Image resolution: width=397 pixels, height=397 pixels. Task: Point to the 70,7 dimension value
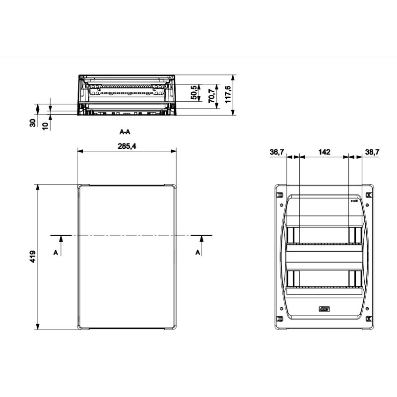[x=211, y=95]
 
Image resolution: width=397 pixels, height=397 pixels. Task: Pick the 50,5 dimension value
[x=194, y=93]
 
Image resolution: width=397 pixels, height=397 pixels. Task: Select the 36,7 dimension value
[x=277, y=152]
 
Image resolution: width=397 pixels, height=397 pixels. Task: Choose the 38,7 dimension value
[x=372, y=152]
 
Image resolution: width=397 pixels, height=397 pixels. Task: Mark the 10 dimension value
[x=45, y=126]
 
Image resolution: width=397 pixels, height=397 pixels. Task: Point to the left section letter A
[x=56, y=253]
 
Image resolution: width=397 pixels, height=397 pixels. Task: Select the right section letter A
[x=198, y=253]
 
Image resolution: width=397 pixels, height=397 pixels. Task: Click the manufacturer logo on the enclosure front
[x=324, y=311]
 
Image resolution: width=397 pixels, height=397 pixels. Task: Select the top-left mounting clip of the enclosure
[x=279, y=194]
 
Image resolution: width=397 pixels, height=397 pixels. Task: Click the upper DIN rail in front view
[x=325, y=244]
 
